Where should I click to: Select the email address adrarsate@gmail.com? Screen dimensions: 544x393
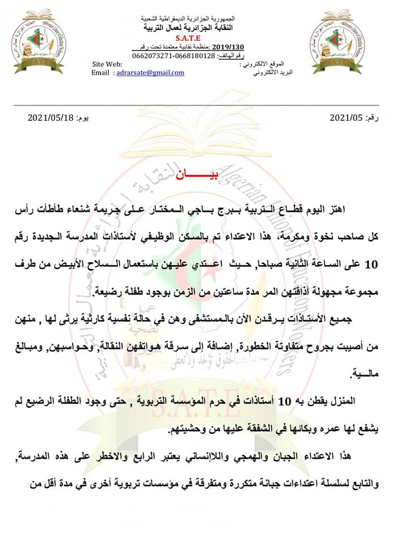150,73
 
